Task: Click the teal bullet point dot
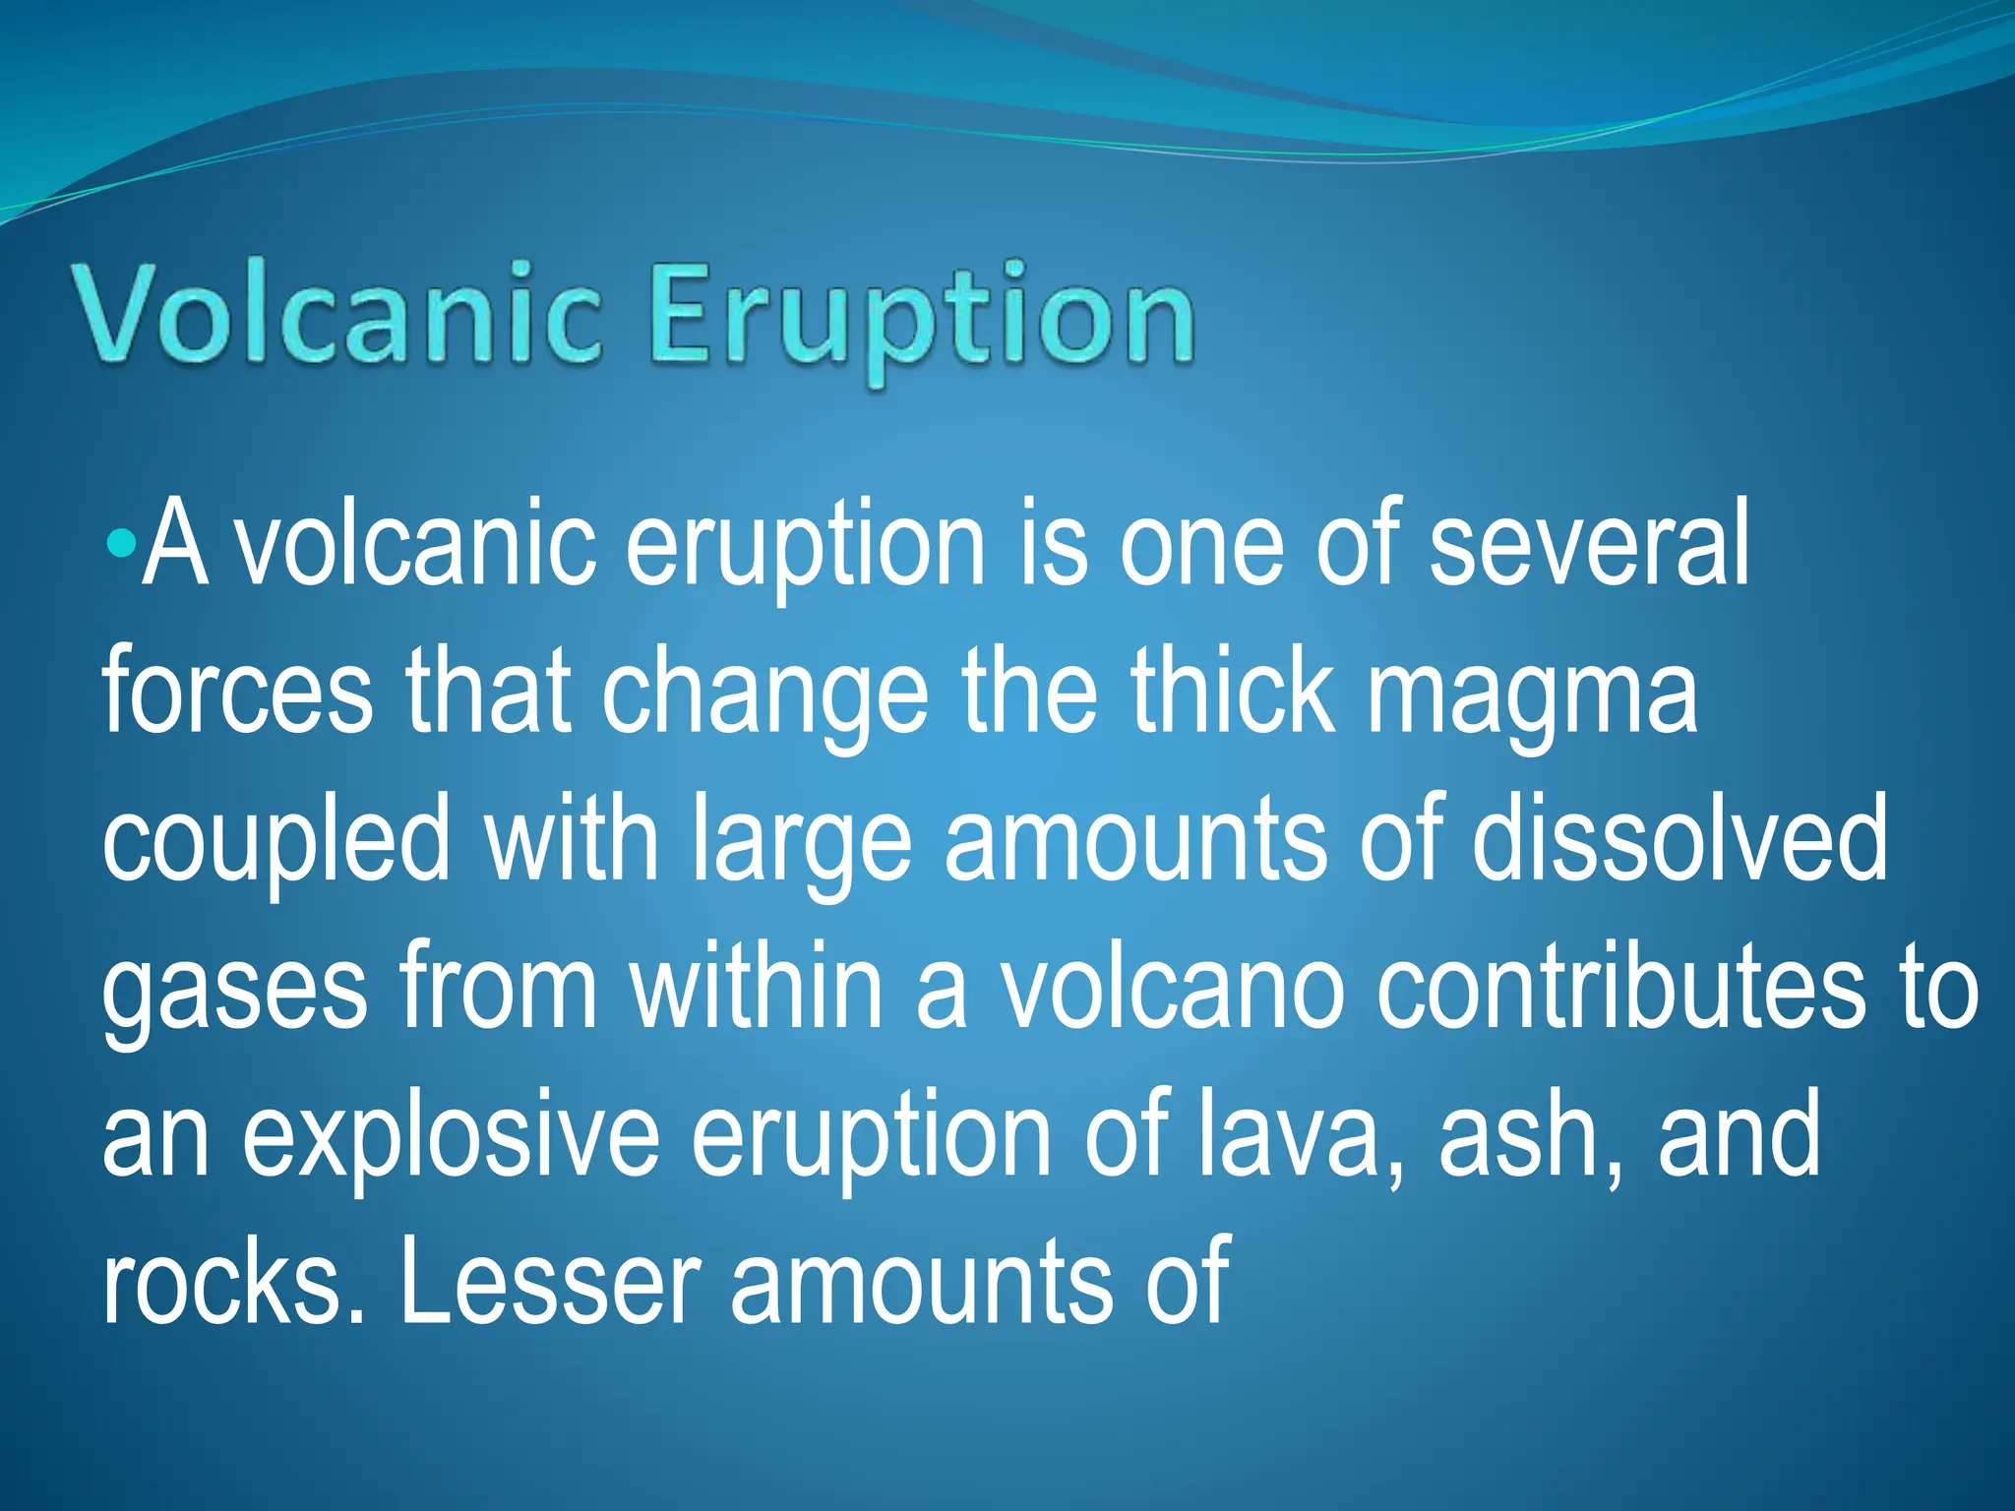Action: (121, 543)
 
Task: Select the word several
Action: (1588, 543)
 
